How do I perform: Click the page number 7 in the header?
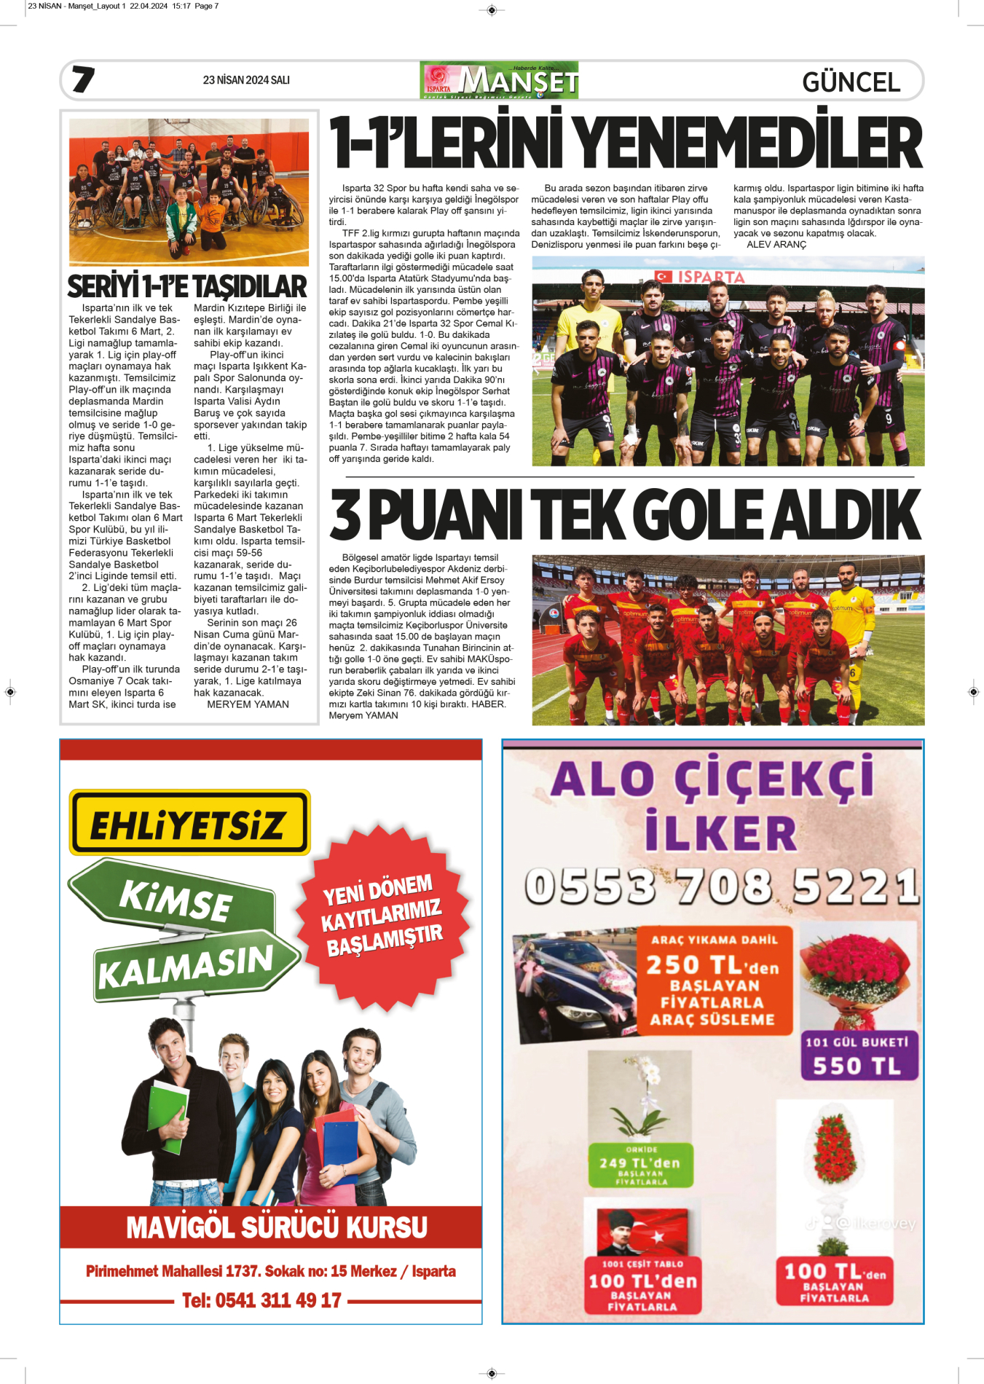[x=83, y=79]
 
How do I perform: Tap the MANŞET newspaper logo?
[x=500, y=80]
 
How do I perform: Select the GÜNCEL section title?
[x=851, y=82]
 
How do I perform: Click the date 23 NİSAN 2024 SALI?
[x=246, y=80]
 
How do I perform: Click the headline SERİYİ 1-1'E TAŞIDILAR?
[x=187, y=286]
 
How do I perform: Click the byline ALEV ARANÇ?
[x=776, y=245]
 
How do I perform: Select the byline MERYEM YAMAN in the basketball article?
[x=248, y=704]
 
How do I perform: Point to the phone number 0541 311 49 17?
[x=261, y=1300]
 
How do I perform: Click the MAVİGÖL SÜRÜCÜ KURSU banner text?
[x=277, y=1227]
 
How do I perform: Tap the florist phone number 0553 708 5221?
[x=721, y=886]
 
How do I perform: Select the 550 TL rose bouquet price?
[x=857, y=1066]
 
